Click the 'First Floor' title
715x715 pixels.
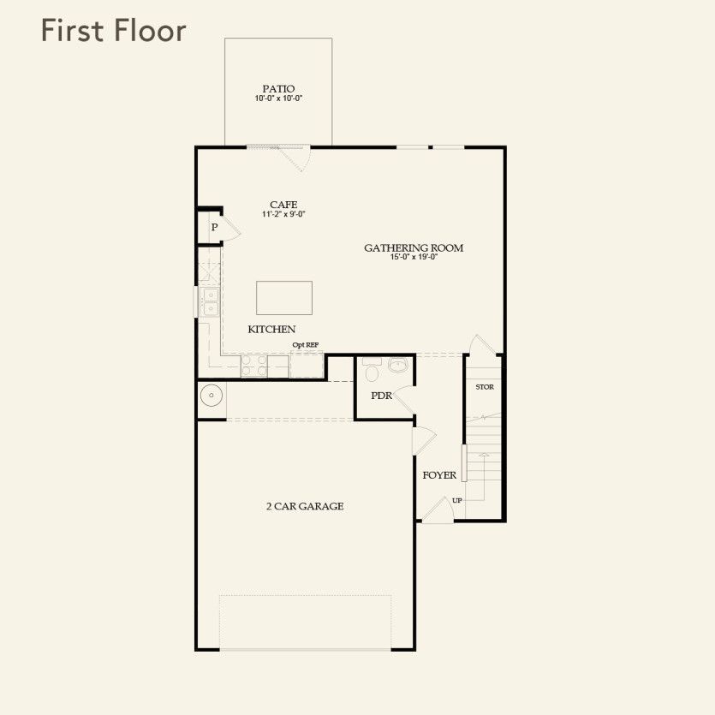pos(113,31)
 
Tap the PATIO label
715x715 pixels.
pos(278,88)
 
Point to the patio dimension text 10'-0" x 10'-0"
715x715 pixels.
pos(278,98)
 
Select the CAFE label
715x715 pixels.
pos(283,205)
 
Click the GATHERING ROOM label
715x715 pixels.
pos(414,247)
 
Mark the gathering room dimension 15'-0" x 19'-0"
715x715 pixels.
pos(414,258)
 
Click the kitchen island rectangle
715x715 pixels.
pos(284,298)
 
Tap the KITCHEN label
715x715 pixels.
pos(271,329)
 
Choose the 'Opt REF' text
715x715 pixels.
pos(306,345)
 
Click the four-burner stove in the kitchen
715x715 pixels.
pos(254,366)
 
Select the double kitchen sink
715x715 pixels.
pos(209,302)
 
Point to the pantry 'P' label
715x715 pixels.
pos(214,228)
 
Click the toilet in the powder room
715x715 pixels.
pos(372,372)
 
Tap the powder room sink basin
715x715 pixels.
pos(398,366)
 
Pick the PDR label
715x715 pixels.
pos(381,396)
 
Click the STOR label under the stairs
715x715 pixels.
pos(485,387)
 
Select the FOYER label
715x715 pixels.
pos(439,475)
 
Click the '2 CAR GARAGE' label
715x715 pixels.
pos(304,506)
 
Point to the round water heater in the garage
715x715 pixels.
pos(211,396)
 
